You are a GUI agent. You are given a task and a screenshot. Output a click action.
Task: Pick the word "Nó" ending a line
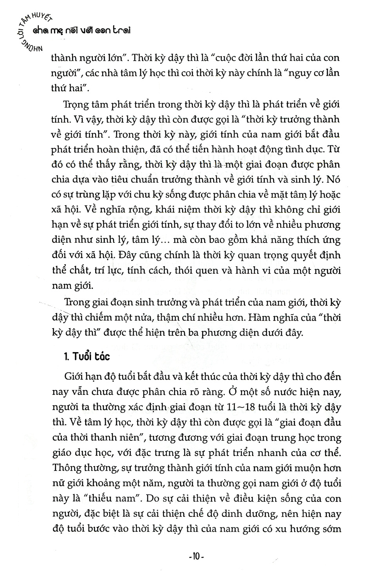[x=333, y=180]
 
